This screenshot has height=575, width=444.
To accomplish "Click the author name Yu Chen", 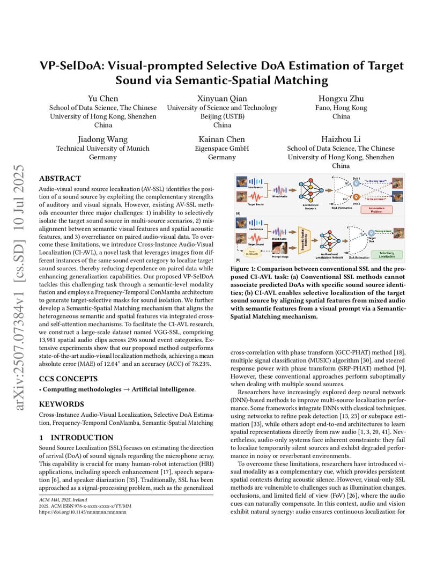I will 103,98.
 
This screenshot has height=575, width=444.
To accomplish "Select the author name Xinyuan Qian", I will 222,98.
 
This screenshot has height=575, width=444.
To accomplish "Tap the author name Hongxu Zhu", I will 341,98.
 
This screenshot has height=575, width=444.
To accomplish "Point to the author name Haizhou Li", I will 341,139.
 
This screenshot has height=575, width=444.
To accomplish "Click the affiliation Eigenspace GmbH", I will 222,149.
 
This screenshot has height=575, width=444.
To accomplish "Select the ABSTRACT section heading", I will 60,179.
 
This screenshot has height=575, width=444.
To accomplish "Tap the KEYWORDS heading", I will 61,404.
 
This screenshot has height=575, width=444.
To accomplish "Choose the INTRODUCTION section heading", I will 77,438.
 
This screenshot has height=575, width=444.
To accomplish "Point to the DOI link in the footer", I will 83,512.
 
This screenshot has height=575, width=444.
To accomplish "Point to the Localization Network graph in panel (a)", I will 310,190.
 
